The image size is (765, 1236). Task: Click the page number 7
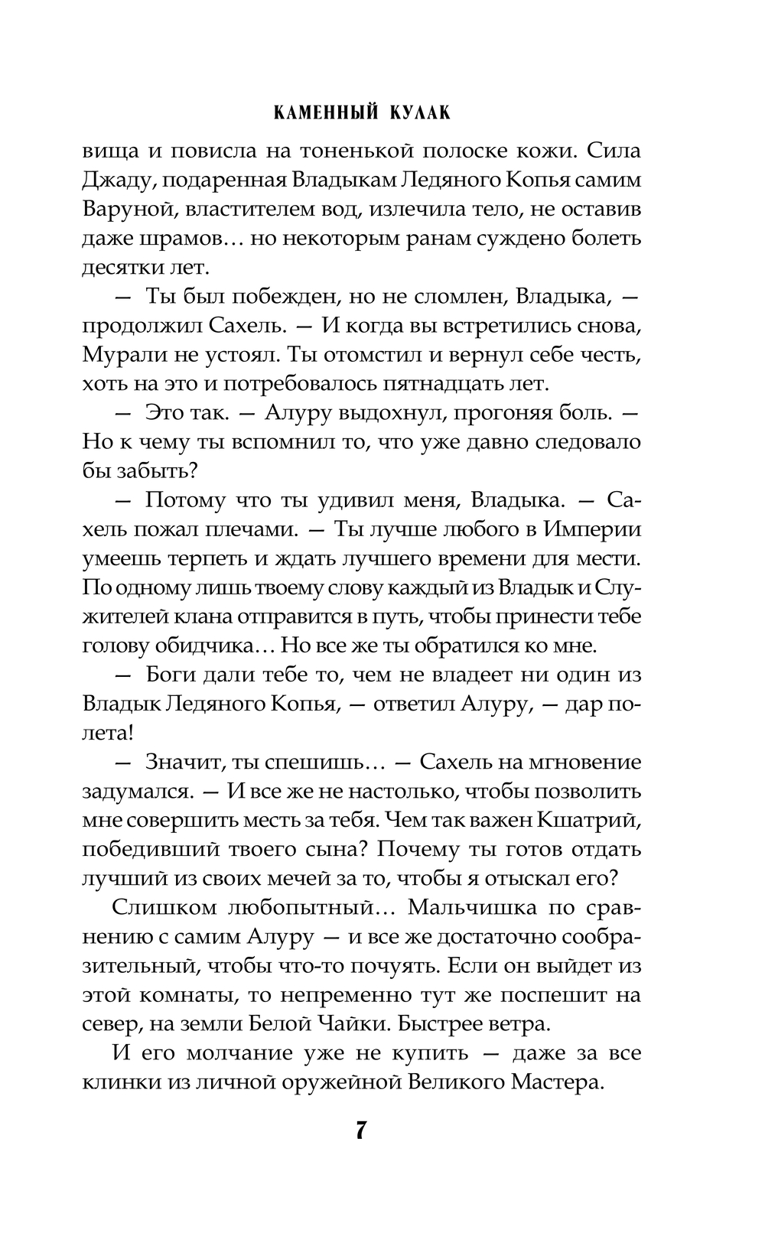(x=361, y=1130)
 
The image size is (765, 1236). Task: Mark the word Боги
(x=172, y=675)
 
